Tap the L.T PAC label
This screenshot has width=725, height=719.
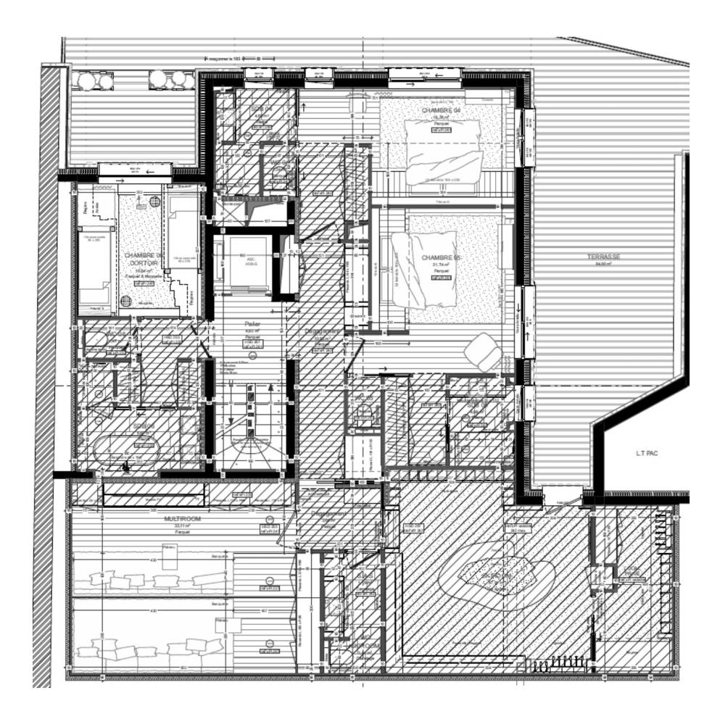coord(646,454)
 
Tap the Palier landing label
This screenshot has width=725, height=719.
coord(252,324)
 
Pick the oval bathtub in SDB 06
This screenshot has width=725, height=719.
coord(125,449)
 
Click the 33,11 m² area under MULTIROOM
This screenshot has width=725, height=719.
coord(181,528)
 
